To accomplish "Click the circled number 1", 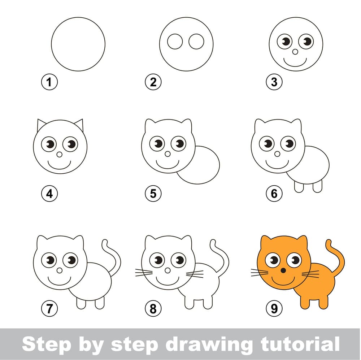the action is (x=49, y=82).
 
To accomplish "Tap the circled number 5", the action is (x=153, y=194).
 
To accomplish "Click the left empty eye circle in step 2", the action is (x=175, y=42).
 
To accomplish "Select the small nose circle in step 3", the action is (x=295, y=52).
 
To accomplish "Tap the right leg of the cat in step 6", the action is (x=317, y=187).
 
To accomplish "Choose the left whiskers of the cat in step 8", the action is (x=144, y=273).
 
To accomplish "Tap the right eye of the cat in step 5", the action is (x=179, y=144).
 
